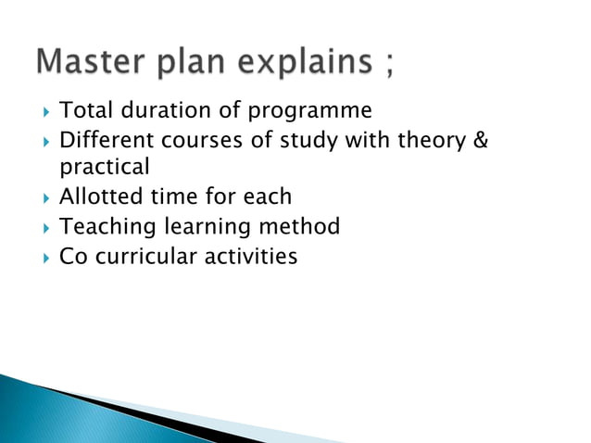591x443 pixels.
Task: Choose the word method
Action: (x=298, y=226)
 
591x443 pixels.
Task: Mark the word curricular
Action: (x=137, y=255)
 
